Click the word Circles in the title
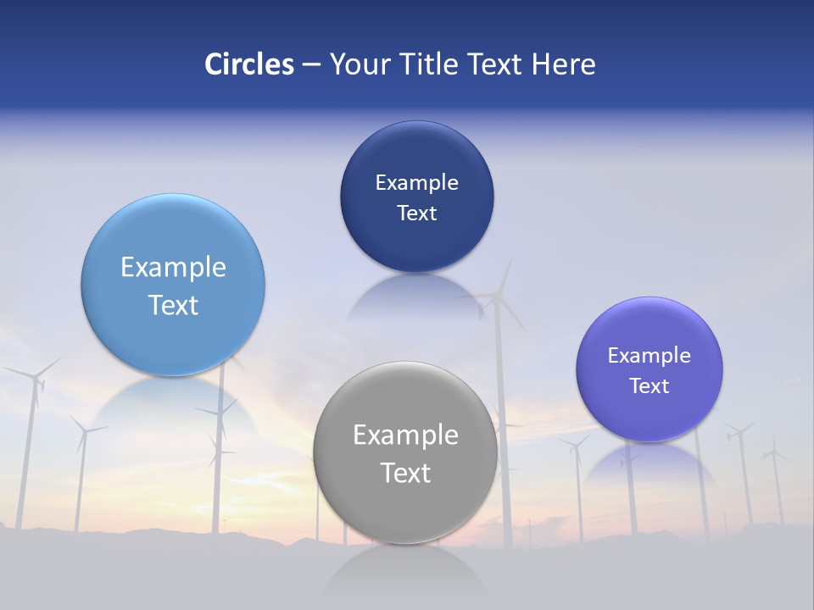[248, 64]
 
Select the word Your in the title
[360, 64]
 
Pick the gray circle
[405, 508]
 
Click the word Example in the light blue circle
[173, 267]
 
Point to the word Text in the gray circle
[405, 473]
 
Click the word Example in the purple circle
[650, 355]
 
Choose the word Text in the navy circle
[416, 213]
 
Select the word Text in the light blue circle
[173, 305]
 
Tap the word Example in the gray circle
[405, 435]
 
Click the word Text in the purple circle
[650, 385]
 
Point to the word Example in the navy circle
[416, 182]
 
